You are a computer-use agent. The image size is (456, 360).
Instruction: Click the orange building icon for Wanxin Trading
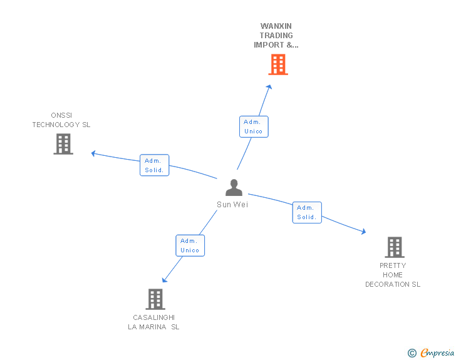tap(278, 64)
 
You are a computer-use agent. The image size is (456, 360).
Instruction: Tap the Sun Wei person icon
tap(234, 188)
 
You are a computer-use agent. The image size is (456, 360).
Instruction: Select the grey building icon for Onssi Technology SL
tap(63, 144)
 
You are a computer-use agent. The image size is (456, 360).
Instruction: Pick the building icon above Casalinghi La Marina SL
tap(155, 299)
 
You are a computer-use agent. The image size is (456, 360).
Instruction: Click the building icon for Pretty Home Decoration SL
tap(394, 247)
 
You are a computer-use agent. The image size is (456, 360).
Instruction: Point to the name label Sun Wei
tap(232, 205)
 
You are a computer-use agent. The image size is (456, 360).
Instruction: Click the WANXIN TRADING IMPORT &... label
tap(276, 36)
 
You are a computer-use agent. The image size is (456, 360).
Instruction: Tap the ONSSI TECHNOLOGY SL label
tap(61, 120)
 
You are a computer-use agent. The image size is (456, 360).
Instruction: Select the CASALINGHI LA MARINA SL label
tap(153, 322)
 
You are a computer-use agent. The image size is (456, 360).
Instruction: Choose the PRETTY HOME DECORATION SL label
tap(393, 275)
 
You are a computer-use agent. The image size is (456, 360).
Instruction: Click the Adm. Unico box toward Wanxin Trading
tap(254, 126)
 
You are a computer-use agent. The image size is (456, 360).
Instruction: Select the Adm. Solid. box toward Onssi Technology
tap(154, 165)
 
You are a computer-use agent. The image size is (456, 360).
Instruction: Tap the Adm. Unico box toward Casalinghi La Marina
tap(190, 245)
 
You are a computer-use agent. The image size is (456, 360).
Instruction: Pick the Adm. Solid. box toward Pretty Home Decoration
tap(306, 212)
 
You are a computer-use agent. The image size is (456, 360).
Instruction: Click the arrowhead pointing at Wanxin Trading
tap(269, 87)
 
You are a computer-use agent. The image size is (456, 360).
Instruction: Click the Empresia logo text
tap(437, 353)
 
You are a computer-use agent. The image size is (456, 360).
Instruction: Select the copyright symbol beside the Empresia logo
tap(412, 353)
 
